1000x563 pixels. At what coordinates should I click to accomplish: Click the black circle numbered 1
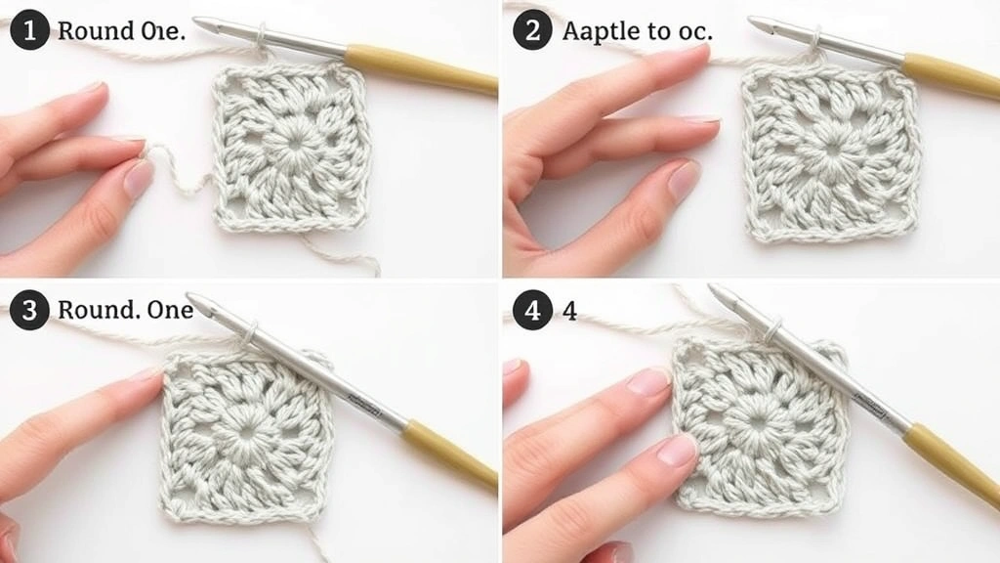click(29, 31)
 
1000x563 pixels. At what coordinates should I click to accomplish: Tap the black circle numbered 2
click(532, 31)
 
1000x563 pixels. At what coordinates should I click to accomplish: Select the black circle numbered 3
click(29, 311)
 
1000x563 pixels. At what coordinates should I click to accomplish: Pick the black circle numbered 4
click(532, 311)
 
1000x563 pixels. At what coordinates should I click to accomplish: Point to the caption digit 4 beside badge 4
click(569, 312)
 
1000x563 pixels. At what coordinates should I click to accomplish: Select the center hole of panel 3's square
click(244, 429)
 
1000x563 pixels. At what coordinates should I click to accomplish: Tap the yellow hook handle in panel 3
click(449, 454)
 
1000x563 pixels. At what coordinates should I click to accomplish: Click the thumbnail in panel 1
click(138, 179)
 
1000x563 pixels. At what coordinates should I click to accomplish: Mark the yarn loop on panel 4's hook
click(774, 330)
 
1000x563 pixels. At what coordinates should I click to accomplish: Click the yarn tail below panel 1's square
click(342, 254)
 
